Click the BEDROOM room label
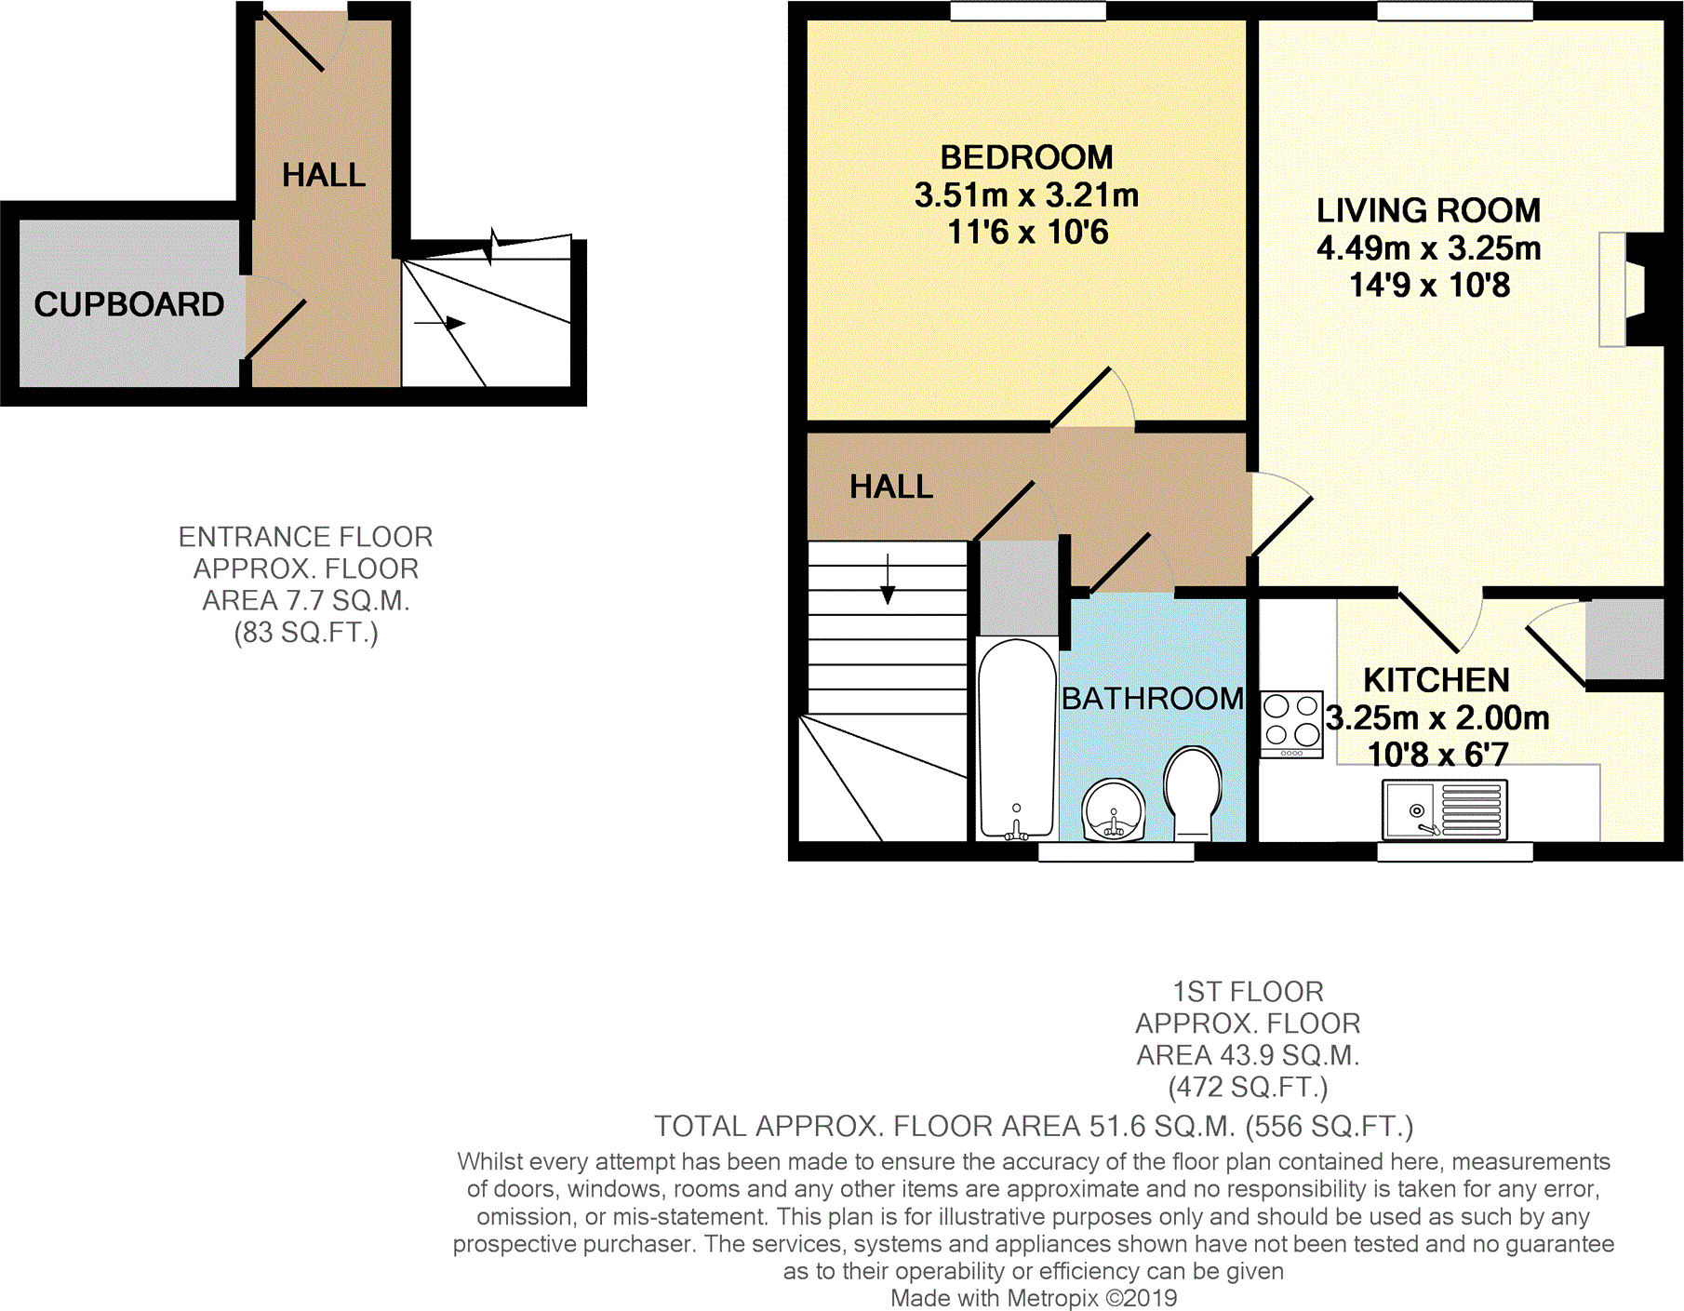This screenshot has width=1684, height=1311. point(1026,157)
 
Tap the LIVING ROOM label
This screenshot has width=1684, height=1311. point(1428,210)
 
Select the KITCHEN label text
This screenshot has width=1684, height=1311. point(1436,680)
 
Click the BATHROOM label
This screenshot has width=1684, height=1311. point(1152,699)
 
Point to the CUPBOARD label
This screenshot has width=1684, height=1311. point(129,304)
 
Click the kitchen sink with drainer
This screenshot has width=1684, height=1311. point(1444,810)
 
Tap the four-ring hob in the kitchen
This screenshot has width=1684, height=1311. point(1291,724)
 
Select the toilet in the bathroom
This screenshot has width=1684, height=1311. point(1193,791)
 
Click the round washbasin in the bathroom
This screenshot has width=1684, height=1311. point(1114,809)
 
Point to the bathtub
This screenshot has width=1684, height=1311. point(1017,735)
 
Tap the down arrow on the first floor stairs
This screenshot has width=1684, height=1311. point(888,581)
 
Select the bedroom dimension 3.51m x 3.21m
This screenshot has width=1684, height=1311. point(1026,195)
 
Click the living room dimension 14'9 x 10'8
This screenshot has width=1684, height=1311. point(1429,285)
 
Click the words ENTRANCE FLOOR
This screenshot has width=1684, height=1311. point(305,537)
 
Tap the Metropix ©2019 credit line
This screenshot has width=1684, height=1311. point(1034,1298)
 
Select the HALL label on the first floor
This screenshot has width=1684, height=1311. point(890,487)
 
